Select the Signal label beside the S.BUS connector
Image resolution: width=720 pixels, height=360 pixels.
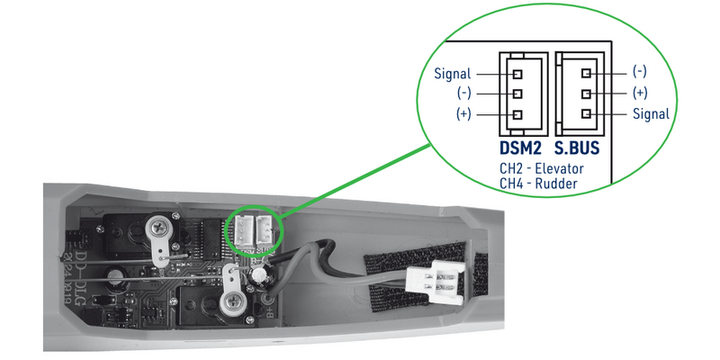coord(650,114)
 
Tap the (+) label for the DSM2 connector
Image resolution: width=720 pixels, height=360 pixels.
coord(463,114)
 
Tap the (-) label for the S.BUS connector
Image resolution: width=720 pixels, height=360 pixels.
coord(640,70)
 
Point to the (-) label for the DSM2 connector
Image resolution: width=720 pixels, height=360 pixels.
coord(463,94)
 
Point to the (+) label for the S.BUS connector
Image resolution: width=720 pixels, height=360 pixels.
coord(640,93)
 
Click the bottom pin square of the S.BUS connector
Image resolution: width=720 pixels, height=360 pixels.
coord(586,114)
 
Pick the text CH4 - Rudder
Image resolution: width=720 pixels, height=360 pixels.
coord(537,184)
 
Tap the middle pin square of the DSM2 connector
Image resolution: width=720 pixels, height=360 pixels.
coord(517,94)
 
